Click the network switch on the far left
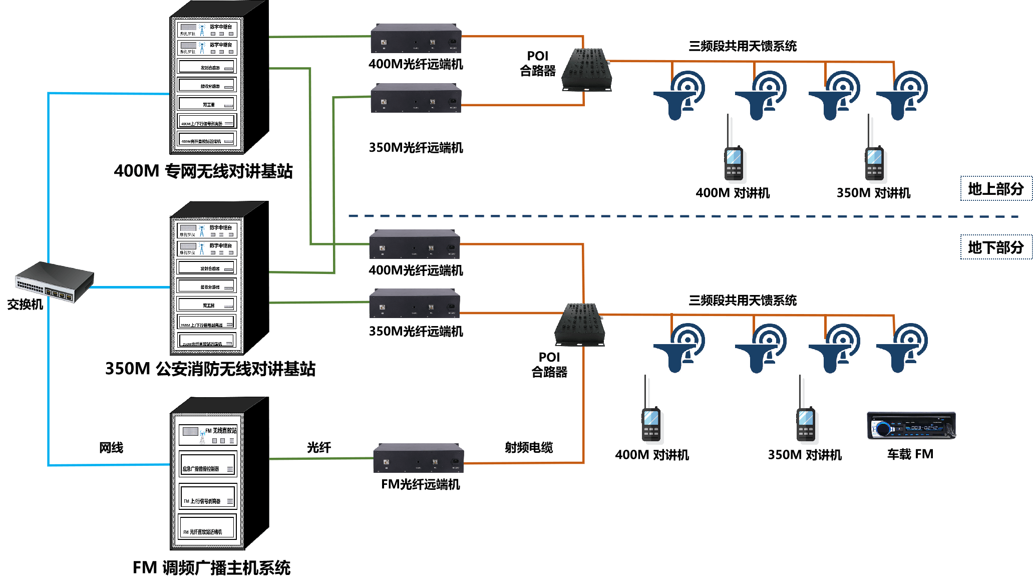coord(54,282)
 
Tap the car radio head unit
coord(910,425)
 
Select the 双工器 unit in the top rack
coord(206,104)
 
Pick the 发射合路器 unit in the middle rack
coord(206,268)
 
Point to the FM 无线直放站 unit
coord(208,434)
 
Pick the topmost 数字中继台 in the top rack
coord(207,30)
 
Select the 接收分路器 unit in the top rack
coord(206,85)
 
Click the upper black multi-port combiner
coord(586,70)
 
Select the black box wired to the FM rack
coord(418,458)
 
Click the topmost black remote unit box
coord(416,39)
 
